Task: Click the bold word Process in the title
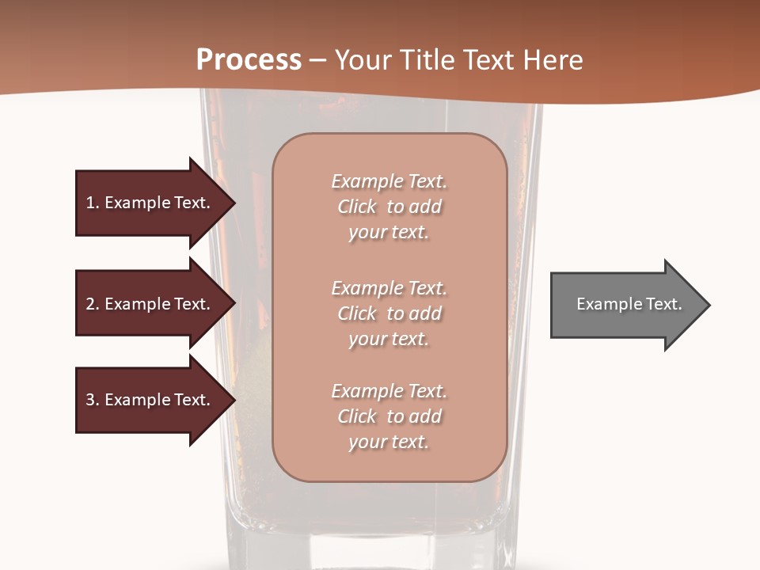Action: (x=249, y=60)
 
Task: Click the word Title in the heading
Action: (x=427, y=60)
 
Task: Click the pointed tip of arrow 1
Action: (x=233, y=203)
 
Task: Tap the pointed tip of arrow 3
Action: (x=233, y=401)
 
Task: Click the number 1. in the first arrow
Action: (x=93, y=203)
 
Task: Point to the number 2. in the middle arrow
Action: (x=93, y=304)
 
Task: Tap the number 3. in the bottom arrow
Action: (x=93, y=400)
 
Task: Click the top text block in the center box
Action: (x=389, y=207)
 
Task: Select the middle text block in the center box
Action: (x=389, y=313)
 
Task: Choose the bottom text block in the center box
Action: (x=389, y=416)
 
